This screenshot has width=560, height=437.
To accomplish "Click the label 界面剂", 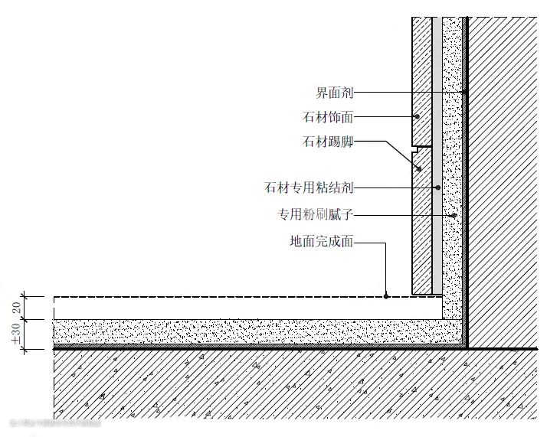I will (334, 93).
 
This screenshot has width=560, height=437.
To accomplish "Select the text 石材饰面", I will (328, 117).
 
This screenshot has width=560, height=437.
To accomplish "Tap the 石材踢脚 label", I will (328, 142).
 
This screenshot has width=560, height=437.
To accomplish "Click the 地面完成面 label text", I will (322, 242).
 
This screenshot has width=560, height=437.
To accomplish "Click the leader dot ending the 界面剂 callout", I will (465, 93).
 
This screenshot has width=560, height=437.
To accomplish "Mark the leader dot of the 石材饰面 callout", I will (417, 117).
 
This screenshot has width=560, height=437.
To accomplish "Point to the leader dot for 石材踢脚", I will (418, 169).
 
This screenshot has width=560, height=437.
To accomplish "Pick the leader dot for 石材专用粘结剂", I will (437, 188).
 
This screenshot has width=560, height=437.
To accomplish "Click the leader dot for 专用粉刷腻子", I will (455, 215).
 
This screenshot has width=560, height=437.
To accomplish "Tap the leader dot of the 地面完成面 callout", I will (387, 295).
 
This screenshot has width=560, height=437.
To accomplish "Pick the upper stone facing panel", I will (421, 77).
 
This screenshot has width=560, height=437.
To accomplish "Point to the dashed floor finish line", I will (230, 296).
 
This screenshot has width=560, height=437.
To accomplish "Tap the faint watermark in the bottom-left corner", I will (54, 422).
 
